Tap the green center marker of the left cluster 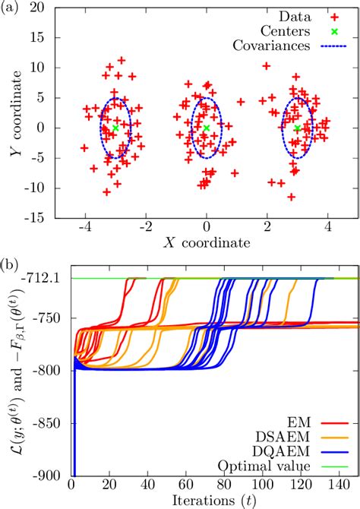(x=115, y=129)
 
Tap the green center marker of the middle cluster (x=206, y=128)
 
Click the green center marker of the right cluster (x=297, y=128)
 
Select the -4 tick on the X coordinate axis (x=84, y=228)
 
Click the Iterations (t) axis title (x=215, y=500)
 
